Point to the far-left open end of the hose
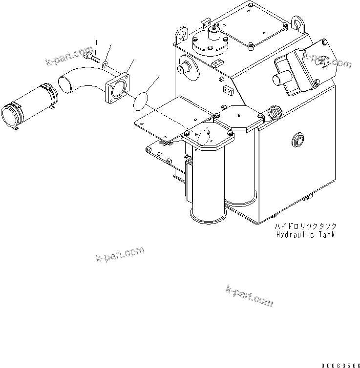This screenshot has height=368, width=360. (x=9, y=116)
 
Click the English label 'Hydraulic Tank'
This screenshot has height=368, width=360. (x=305, y=235)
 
